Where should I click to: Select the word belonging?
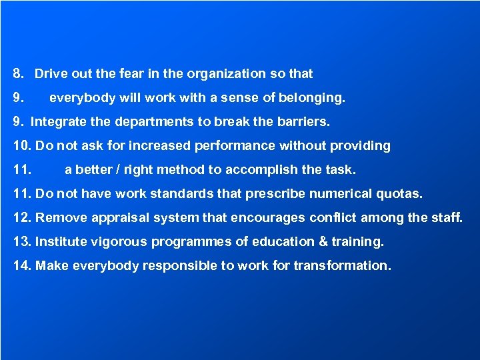[x=311, y=99]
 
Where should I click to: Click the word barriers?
[x=303, y=123]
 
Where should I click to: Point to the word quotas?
[x=399, y=194]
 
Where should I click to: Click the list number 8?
[x=18, y=74]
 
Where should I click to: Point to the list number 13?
[x=22, y=242]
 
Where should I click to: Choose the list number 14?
[x=22, y=266]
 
